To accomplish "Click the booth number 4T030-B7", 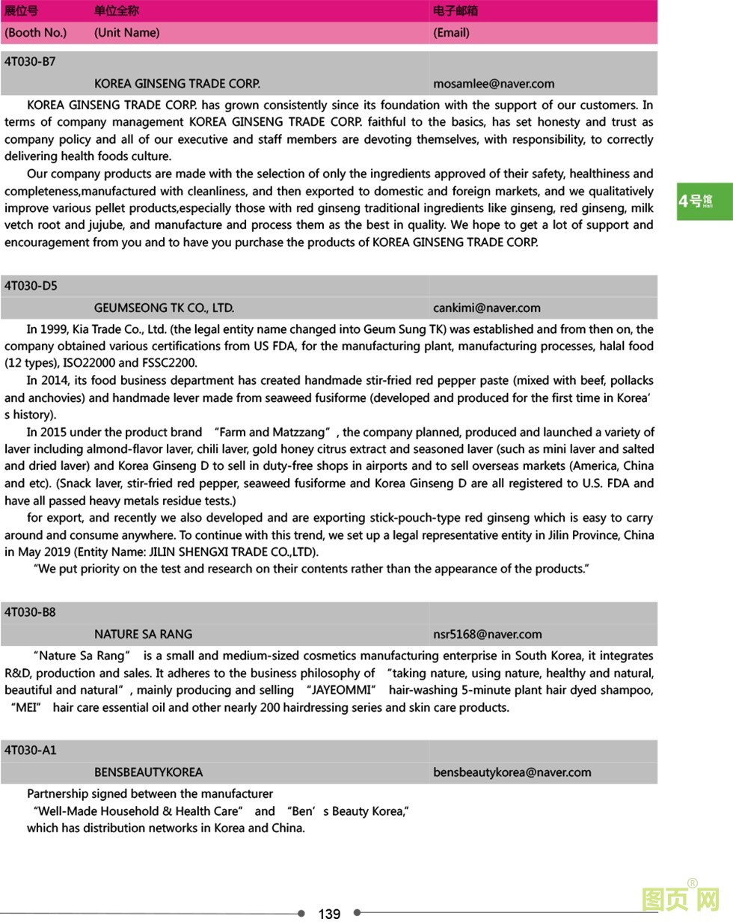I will [30, 61].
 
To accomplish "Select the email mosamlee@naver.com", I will [494, 84].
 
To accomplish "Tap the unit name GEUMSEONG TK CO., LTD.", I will [164, 308].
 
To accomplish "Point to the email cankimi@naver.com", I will [486, 308].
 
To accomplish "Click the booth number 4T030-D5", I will [31, 286].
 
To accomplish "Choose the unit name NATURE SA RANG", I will [143, 634].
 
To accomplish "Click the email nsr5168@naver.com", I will [487, 634].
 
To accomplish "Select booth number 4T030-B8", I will [30, 612].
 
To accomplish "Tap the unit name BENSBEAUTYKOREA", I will [148, 772].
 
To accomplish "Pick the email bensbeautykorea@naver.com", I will [512, 772].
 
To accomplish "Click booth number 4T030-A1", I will [30, 750].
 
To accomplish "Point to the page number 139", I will [329, 914].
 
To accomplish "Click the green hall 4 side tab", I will [704, 201].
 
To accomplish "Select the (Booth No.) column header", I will [35, 32].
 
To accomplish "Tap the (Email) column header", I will [451, 32].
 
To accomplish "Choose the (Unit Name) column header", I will [126, 32].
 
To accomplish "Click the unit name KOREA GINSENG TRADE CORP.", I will [177, 84].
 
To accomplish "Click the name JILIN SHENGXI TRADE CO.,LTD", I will [233, 552].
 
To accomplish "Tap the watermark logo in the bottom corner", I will [681, 898].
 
